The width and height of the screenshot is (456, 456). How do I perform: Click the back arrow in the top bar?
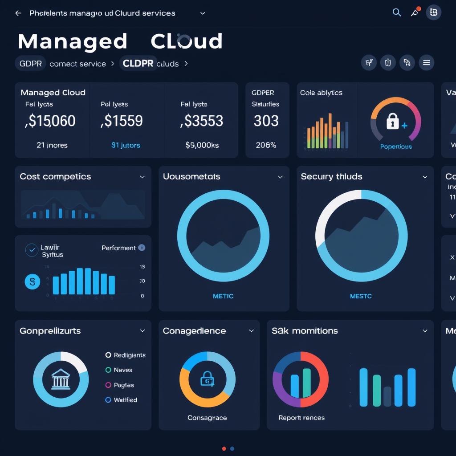[x=18, y=13]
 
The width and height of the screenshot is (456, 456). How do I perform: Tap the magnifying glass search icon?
[x=396, y=12]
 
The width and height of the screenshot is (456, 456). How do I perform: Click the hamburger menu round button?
[x=426, y=63]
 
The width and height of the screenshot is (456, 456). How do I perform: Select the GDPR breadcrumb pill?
[x=31, y=64]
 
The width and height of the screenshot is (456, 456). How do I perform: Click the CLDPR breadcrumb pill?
[x=138, y=64]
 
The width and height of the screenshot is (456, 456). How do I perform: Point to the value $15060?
[x=50, y=121]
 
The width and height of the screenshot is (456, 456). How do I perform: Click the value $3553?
[x=202, y=121]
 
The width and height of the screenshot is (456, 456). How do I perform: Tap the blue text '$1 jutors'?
[x=126, y=145]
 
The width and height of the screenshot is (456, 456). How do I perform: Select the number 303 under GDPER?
[x=266, y=121]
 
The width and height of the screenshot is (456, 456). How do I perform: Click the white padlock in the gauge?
[x=392, y=121]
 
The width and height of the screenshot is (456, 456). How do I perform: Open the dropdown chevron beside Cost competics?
[x=142, y=177]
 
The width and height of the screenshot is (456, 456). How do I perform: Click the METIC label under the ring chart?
[x=223, y=296]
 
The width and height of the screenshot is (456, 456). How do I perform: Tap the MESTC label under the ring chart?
[x=361, y=296]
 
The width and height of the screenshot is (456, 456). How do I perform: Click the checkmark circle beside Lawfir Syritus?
[x=32, y=250]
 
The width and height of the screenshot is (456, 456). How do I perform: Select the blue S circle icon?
[x=32, y=281]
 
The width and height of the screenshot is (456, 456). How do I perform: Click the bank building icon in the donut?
[x=61, y=379]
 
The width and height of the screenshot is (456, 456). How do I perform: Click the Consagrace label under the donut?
[x=207, y=418]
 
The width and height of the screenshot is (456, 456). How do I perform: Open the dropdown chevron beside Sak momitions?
[x=425, y=331]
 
